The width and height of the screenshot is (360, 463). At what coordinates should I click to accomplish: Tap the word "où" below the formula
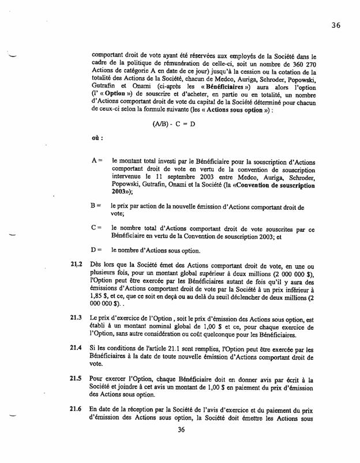coord(97,138)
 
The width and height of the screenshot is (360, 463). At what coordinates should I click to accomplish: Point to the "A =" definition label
coord(97,163)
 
